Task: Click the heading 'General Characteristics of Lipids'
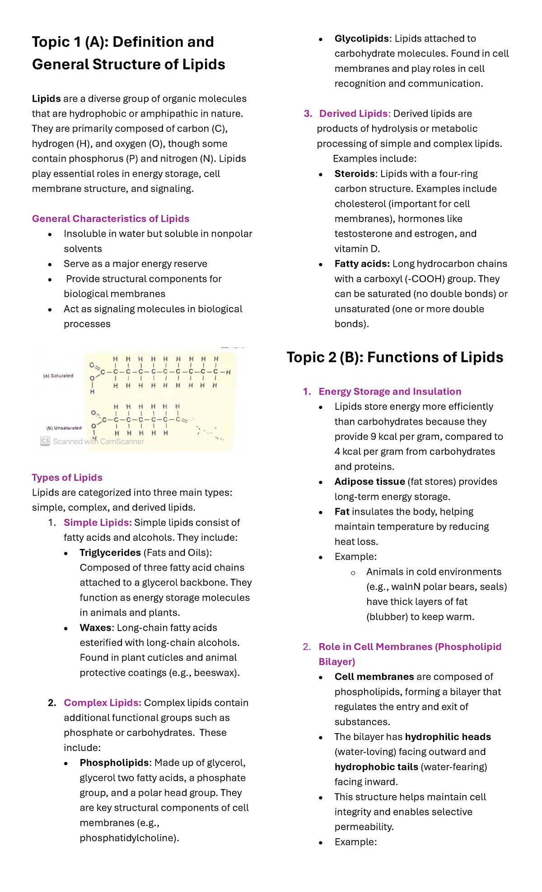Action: click(110, 219)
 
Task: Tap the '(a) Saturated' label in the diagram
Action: click(58, 376)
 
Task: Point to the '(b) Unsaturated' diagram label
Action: click(64, 428)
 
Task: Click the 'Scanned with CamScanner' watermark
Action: click(93, 441)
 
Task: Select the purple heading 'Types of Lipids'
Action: click(67, 478)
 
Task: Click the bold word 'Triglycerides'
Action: click(110, 553)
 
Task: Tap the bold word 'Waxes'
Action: click(96, 628)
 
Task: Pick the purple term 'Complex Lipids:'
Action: click(103, 703)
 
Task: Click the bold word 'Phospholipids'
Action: click(114, 763)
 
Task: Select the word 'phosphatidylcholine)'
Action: click(129, 838)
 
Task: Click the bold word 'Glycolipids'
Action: click(362, 39)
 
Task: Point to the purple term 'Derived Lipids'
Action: click(354, 114)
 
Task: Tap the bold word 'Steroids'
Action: click(355, 174)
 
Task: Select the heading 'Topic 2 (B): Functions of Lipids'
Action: click(395, 358)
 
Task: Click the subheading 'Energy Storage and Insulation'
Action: click(390, 392)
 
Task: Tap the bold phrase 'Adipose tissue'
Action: click(369, 482)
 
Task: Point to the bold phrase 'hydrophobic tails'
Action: click(376, 767)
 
